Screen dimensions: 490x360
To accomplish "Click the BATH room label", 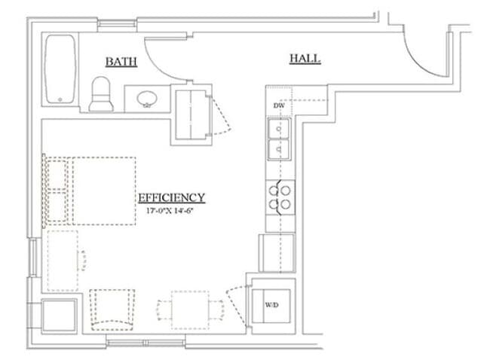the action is coord(121,62).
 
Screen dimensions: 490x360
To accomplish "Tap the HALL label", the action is coord(305,59).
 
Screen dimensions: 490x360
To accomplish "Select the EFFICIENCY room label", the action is coord(172,197).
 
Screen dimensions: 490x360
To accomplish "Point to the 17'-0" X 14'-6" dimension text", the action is coord(170,211).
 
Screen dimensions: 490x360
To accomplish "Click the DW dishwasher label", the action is coord(279,105).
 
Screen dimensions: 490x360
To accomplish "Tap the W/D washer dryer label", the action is coord(271,305).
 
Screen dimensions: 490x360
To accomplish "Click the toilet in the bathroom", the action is coord(101,94).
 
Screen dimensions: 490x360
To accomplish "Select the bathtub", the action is coord(60,69).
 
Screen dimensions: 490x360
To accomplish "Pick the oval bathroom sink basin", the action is coord(147,99).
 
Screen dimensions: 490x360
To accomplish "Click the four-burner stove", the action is coord(280,197).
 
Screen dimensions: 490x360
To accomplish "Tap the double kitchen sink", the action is coord(279,139).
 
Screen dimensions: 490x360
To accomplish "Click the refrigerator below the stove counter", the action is coord(277,253).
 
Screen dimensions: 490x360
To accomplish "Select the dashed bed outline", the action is coord(89,191).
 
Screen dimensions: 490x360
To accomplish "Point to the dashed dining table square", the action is coord(190,310).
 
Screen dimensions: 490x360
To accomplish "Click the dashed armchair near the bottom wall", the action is coord(112,310).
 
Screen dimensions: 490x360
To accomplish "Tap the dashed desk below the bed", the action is coord(63,261).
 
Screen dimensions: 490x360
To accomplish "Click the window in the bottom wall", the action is coord(145,343).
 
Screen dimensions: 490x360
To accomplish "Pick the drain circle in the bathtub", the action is coord(60,99).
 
